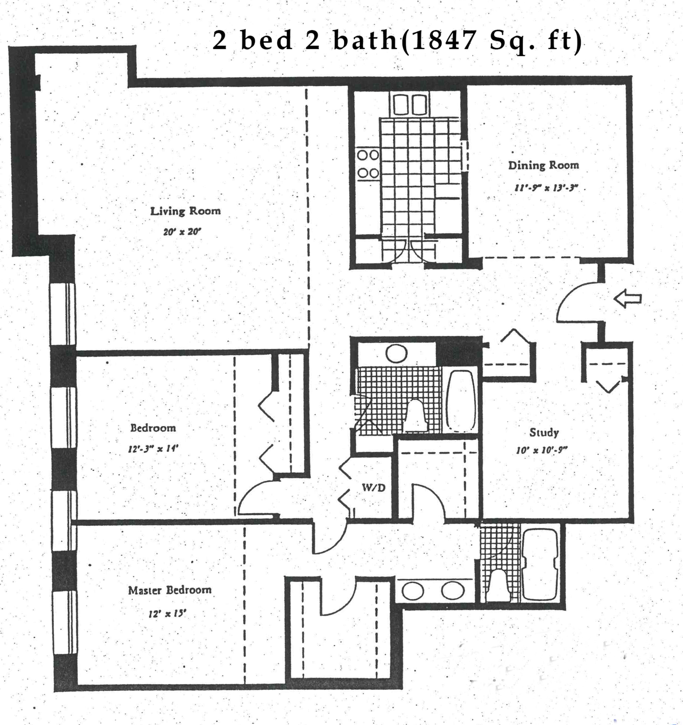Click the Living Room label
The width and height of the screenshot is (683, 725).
[185, 211]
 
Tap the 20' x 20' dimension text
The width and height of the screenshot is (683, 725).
[182, 232]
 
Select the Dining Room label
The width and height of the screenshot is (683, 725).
[544, 165]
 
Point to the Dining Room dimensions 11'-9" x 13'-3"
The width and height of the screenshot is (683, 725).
[546, 188]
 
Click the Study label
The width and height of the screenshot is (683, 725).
[544, 432]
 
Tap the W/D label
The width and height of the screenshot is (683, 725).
[374, 488]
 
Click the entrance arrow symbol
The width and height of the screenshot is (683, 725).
[627, 298]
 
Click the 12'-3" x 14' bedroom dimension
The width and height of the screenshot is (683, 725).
[152, 449]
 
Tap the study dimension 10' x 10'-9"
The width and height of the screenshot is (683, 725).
[542, 450]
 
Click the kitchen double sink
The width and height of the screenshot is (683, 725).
[410, 104]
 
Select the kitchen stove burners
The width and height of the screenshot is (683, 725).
[368, 163]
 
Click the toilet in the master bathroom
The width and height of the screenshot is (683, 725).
[499, 585]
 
